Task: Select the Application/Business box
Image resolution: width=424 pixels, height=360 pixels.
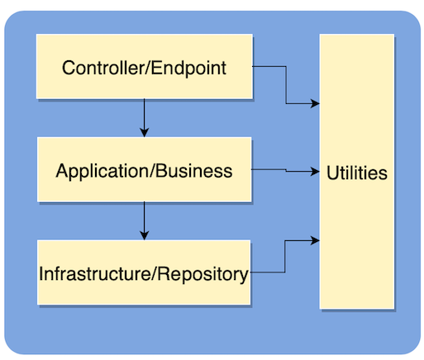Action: [x=144, y=187]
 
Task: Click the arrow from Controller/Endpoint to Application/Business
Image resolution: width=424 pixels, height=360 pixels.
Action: [x=145, y=116]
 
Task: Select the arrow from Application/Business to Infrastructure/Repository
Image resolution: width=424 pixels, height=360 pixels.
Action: [x=145, y=219]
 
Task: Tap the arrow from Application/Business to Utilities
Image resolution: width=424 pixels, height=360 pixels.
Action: [x=285, y=171]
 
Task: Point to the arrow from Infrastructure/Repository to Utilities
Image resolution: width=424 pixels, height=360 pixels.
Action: [x=285, y=256]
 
